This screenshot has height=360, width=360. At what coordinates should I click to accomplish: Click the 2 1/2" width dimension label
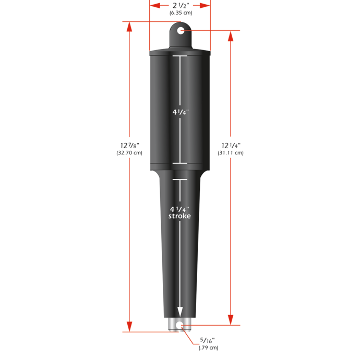click(x=181, y=5)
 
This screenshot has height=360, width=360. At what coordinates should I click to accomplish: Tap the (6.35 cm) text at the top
click(x=181, y=13)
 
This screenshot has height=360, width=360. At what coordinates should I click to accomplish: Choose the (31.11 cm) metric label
click(x=230, y=153)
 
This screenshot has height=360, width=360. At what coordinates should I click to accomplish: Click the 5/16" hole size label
click(x=207, y=340)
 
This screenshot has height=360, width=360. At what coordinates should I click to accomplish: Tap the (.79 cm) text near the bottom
click(x=208, y=347)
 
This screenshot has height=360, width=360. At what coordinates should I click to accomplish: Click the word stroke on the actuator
click(x=179, y=215)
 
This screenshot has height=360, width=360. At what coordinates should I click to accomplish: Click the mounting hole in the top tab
click(x=181, y=31)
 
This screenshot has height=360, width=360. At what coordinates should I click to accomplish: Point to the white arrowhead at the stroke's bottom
click(x=180, y=310)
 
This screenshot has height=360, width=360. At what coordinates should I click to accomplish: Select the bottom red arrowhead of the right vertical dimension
click(x=231, y=320)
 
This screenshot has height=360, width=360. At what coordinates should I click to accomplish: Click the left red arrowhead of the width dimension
click(x=153, y=5)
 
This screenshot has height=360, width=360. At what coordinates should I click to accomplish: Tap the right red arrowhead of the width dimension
click(x=207, y=5)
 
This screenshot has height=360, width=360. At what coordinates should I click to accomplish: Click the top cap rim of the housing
click(x=180, y=52)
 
